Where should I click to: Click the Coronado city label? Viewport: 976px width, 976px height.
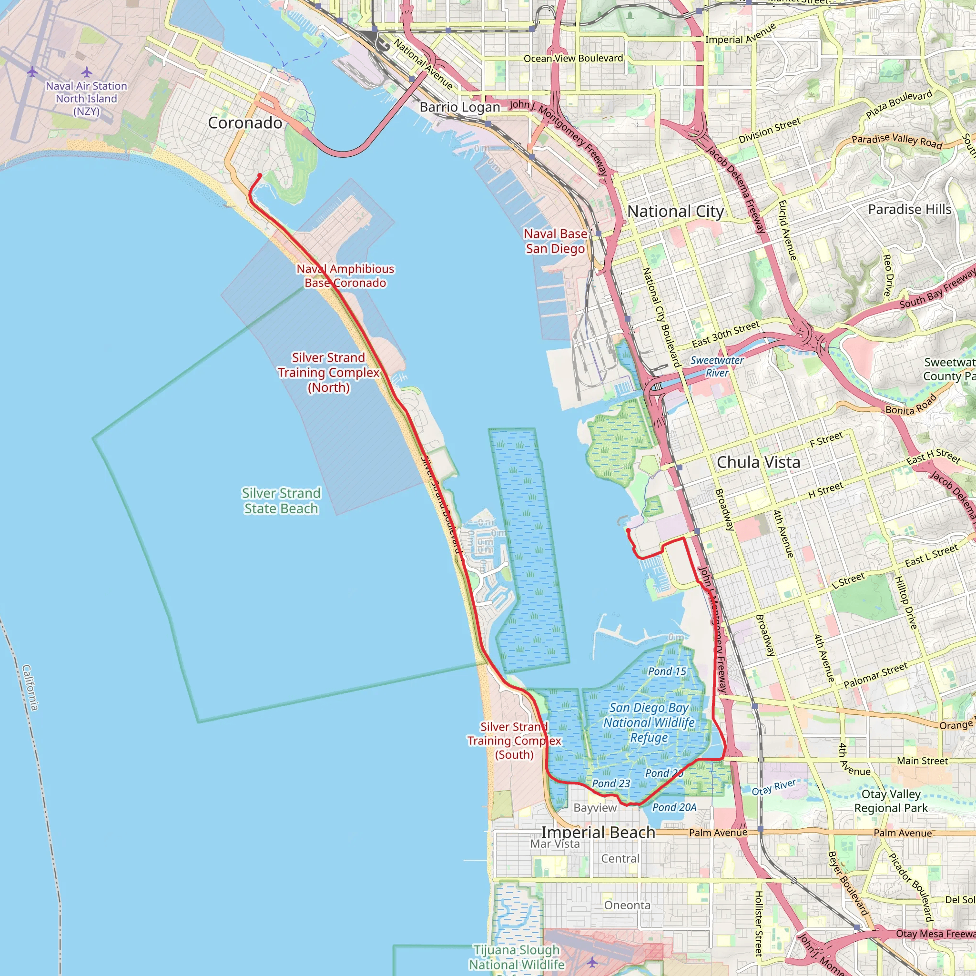tap(245, 123)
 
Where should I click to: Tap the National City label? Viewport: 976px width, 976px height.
tap(675, 211)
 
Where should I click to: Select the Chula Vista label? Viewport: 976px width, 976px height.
tap(758, 462)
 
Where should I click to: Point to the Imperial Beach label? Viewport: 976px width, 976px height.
tap(598, 832)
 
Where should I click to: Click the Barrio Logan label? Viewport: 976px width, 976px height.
tap(460, 107)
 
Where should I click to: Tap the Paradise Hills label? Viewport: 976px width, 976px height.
tap(909, 209)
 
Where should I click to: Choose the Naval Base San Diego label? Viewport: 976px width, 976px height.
tap(555, 241)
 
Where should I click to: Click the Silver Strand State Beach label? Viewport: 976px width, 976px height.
tap(281, 501)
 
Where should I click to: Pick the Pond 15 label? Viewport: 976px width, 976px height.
tap(667, 671)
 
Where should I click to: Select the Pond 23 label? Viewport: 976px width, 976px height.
tap(611, 783)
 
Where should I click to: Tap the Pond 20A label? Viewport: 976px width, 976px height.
tap(674, 807)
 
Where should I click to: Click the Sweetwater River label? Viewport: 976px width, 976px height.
tap(717, 366)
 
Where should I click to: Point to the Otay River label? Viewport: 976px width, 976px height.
tap(773, 787)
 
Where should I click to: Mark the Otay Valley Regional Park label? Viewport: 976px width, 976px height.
tap(891, 801)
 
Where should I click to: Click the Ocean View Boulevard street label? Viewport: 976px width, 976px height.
tap(573, 59)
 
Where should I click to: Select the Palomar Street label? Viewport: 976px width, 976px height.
tap(875, 675)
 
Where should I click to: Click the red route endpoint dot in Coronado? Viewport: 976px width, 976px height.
tap(260, 175)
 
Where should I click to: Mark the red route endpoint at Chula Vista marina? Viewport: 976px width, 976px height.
tap(628, 530)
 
